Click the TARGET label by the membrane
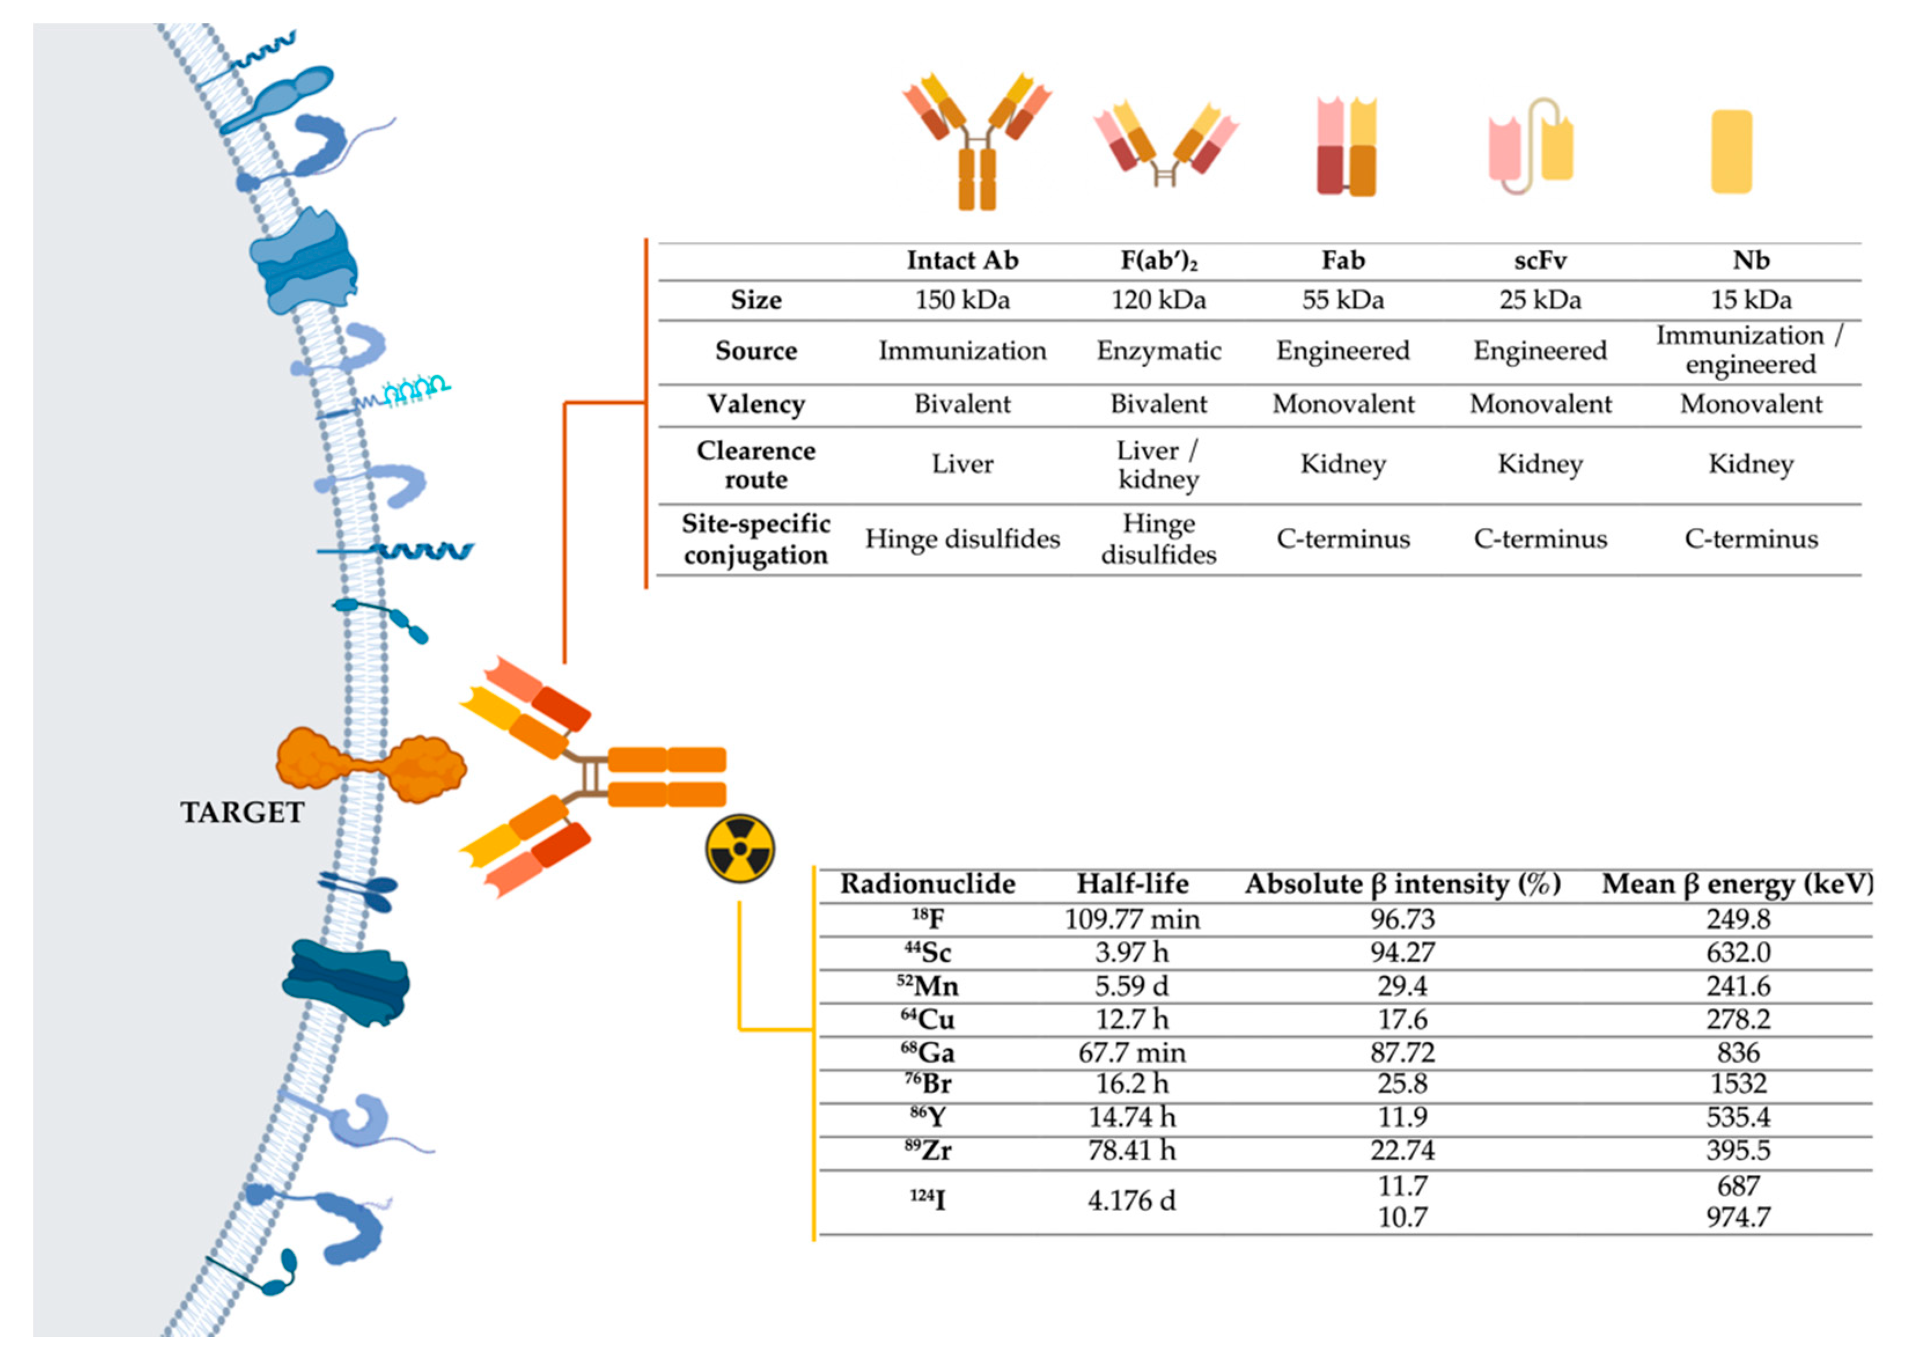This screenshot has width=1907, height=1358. click(x=242, y=812)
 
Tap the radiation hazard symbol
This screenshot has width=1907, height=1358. click(x=740, y=849)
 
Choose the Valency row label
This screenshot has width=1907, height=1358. click(x=756, y=404)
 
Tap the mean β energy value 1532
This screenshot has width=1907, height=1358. click(x=1737, y=1084)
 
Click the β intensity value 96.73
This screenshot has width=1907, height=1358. click(x=1402, y=919)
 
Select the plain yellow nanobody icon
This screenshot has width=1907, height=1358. click(x=1731, y=152)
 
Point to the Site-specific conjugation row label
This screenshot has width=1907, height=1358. click(x=756, y=539)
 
